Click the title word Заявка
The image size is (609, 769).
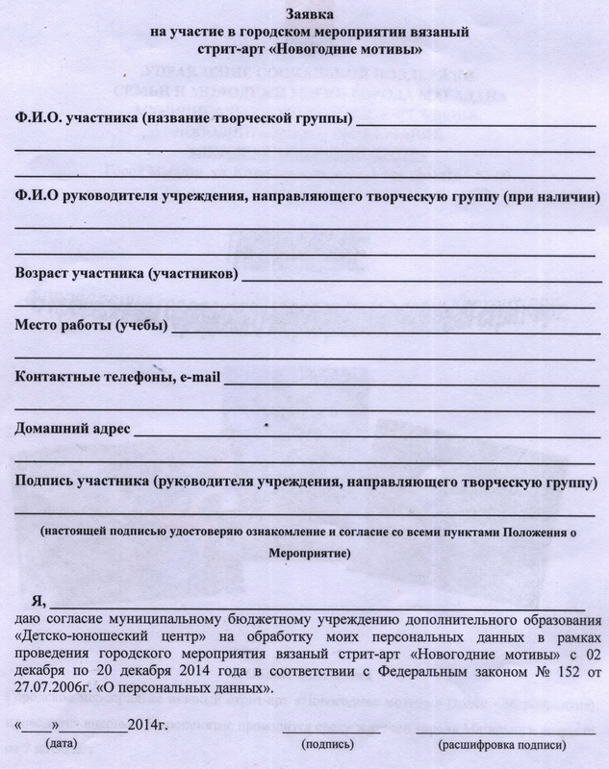(304, 13)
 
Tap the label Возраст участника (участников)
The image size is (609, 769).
(125, 274)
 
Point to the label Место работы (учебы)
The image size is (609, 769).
(91, 326)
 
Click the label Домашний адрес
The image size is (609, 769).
(72, 429)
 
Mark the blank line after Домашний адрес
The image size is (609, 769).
(366, 434)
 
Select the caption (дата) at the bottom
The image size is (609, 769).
(63, 744)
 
